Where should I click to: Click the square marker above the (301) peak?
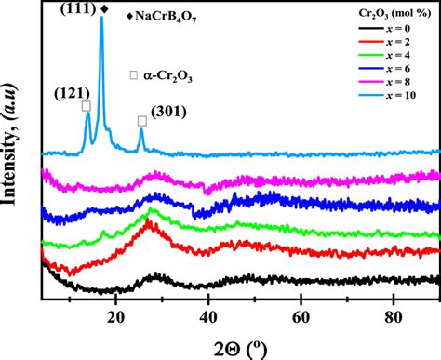click(142, 121)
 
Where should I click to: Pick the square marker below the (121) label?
click(87, 106)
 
